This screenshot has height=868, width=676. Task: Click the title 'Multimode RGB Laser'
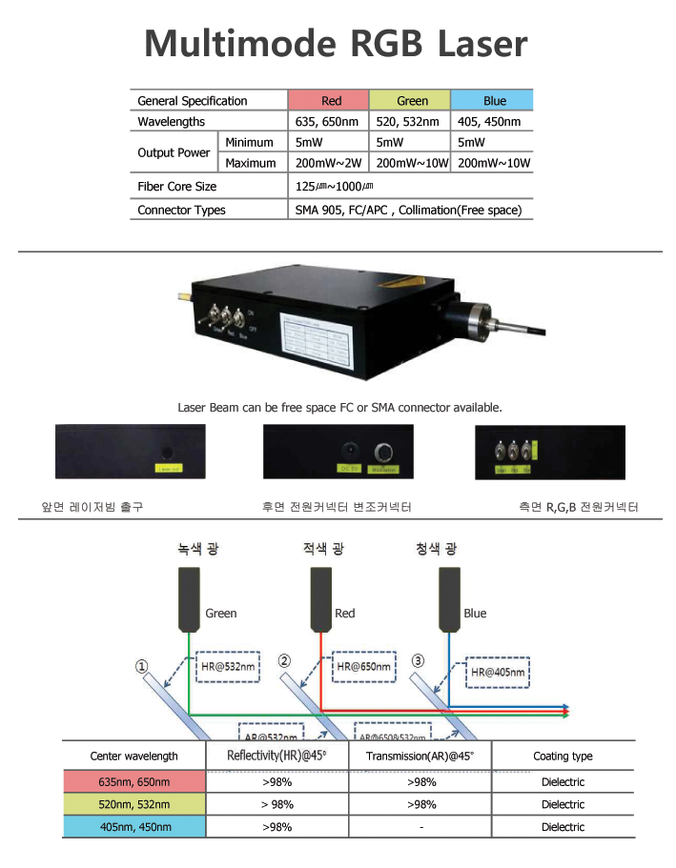tap(336, 43)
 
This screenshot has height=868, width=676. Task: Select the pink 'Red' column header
tap(329, 101)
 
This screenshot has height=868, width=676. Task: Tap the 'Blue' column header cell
tap(492, 101)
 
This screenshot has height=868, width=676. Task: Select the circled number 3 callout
tap(418, 660)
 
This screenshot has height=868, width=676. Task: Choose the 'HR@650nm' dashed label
tap(364, 667)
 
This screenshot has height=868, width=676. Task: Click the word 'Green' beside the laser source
tap(221, 614)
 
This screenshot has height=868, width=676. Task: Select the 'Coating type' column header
tap(563, 757)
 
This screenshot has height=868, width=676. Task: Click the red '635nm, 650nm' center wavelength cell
tap(134, 782)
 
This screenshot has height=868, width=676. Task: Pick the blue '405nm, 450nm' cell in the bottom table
tap(134, 827)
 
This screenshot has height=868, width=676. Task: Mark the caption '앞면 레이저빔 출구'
tap(98, 507)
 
